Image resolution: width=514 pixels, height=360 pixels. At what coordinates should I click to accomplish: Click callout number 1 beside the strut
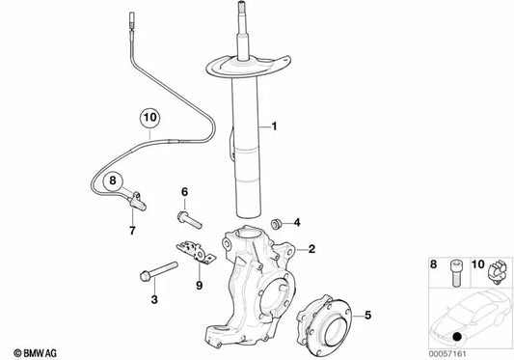(x=273, y=126)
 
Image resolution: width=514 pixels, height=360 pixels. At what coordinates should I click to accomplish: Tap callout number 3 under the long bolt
(x=152, y=301)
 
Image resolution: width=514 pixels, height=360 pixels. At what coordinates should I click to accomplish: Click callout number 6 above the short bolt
(x=184, y=192)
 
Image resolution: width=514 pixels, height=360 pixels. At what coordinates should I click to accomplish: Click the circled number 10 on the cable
(x=149, y=121)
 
